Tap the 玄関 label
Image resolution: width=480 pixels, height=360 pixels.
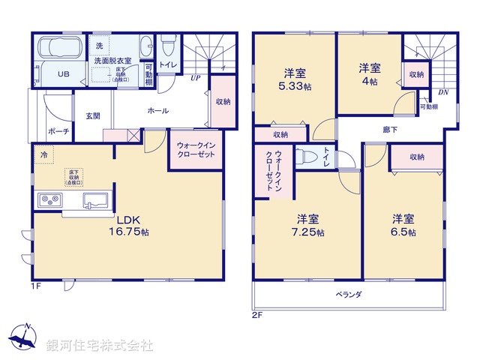tap(92, 115)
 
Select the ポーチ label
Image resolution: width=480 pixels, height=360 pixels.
tap(58, 131)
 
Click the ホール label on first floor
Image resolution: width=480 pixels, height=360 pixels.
tap(158, 111)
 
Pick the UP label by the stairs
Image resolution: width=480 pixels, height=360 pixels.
tap(195, 77)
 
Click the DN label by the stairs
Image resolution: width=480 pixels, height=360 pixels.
tap(442, 93)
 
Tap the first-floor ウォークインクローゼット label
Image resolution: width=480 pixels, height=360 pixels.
tap(196, 148)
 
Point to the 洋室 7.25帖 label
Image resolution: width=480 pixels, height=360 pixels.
tap(308, 225)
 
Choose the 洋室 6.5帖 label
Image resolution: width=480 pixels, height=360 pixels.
tap(403, 225)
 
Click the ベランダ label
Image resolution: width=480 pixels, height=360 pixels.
tap(348, 295)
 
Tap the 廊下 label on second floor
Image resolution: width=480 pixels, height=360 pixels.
tap(391, 130)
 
